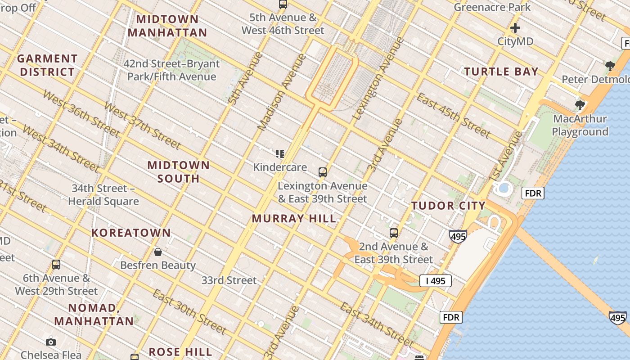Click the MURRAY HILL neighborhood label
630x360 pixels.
[x=294, y=219]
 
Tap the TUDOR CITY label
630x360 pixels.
[x=448, y=206]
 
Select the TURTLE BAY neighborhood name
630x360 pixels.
[x=501, y=72]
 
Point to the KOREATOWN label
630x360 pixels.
[x=131, y=233]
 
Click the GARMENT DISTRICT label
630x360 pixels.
[x=47, y=65]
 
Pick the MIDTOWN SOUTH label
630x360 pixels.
[x=179, y=172]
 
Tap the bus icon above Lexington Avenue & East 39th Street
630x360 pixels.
[x=322, y=172]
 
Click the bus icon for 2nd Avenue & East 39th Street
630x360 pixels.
[x=394, y=233]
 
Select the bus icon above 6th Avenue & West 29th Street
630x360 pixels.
[x=56, y=265]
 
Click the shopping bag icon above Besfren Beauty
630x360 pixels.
[x=158, y=252]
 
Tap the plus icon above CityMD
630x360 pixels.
[x=515, y=28]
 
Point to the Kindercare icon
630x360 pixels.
[x=280, y=154]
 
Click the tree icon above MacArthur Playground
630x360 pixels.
[x=580, y=106]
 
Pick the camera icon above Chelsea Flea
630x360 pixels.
[x=51, y=342]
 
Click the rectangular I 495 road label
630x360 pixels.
[x=435, y=281]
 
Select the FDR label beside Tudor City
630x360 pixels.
[x=533, y=193]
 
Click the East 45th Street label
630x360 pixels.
[x=453, y=115]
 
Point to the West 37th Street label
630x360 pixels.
[x=142, y=126]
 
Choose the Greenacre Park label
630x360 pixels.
[x=492, y=7]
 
